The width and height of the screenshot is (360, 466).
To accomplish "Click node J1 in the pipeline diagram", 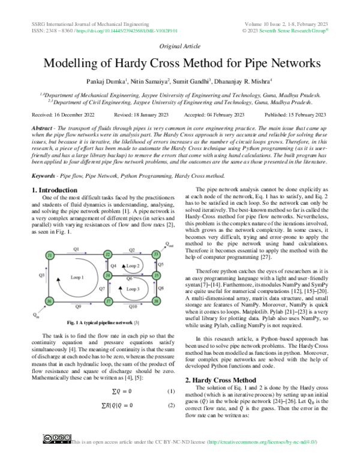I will (49, 255).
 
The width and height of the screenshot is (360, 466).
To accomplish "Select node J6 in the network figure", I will (49, 300).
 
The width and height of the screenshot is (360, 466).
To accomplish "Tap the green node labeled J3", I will (155, 255).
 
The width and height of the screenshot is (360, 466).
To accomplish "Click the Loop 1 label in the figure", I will (77, 277).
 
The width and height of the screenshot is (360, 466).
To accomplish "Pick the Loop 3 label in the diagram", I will (133, 289).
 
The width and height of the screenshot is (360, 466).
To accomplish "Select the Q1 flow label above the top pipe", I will (76, 249).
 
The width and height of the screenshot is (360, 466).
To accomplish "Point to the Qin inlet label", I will (37, 315).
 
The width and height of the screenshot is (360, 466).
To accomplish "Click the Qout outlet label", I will (170, 244).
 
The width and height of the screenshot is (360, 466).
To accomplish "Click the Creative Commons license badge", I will (55, 458).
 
